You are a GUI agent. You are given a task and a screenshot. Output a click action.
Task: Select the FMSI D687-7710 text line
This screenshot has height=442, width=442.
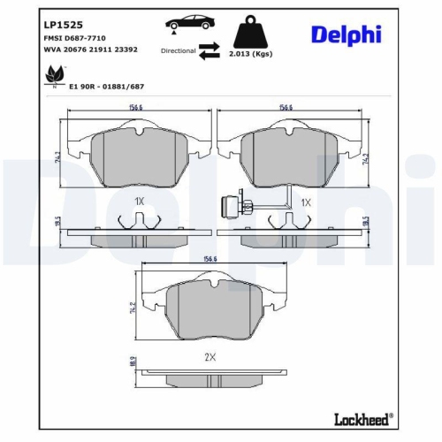pos(74,39)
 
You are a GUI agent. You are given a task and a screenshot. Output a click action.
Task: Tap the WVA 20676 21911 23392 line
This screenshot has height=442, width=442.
pos(90,51)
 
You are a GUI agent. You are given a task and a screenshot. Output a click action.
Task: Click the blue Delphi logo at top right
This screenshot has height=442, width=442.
pos(347,34)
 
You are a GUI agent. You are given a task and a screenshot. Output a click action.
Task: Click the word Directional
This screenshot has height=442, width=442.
pos(177,52)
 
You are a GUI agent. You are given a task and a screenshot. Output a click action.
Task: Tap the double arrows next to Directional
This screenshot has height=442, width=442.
pos(209,52)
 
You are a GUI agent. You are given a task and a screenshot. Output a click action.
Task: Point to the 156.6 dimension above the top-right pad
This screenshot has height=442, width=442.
pos(286,109)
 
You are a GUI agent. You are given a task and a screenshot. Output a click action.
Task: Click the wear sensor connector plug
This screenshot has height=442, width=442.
pos(225,209)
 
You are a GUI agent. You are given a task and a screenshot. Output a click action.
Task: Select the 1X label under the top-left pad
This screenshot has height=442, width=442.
pos(139,202)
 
